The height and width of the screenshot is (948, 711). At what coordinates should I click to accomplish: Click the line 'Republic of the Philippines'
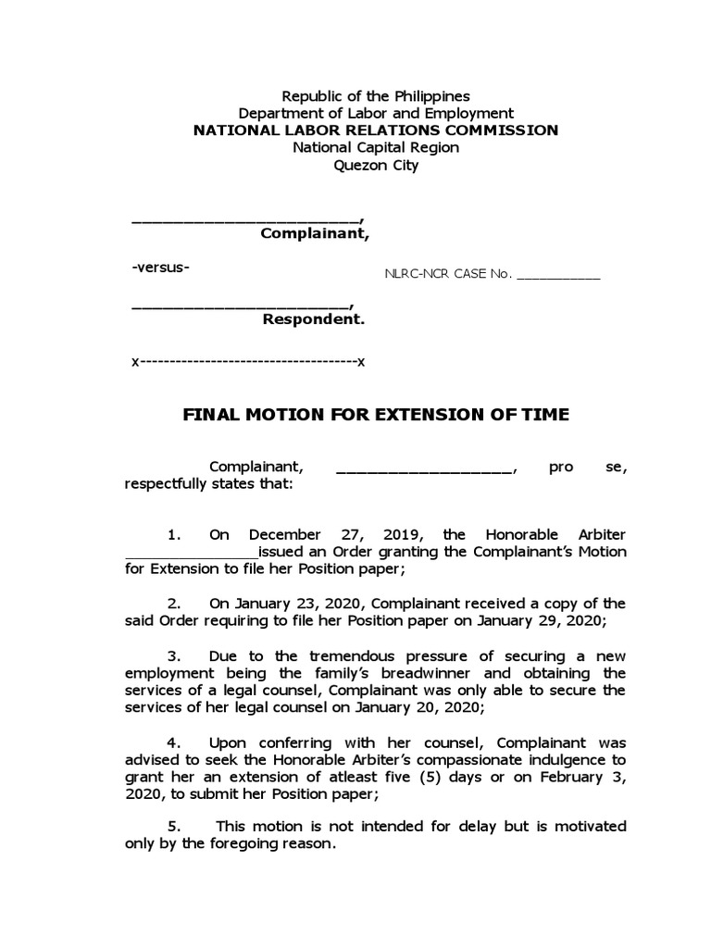pyautogui.click(x=376, y=95)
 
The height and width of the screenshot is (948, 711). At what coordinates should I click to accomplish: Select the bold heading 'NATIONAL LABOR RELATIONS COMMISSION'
pyautogui.click(x=376, y=131)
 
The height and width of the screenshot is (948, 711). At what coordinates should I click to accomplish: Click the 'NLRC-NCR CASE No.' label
pyautogui.click(x=447, y=275)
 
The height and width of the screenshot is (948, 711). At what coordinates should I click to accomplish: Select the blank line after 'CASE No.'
pyautogui.click(x=557, y=276)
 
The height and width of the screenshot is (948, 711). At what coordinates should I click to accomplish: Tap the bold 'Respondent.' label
pyautogui.click(x=314, y=320)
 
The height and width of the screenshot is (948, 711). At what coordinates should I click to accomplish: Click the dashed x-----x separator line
pyautogui.click(x=249, y=361)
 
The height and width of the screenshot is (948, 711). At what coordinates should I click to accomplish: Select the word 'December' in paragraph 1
pyautogui.click(x=284, y=535)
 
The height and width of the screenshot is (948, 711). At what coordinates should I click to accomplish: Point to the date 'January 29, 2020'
pyautogui.click(x=566, y=621)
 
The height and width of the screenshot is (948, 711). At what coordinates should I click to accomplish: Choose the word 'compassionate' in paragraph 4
pyautogui.click(x=459, y=760)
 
